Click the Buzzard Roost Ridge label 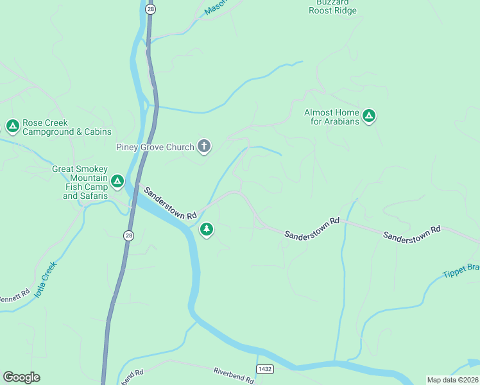click(332, 6)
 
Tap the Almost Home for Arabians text click(332, 117)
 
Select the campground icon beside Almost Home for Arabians click(368, 116)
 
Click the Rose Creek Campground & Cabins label click(67, 127)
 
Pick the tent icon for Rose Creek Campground click(12, 125)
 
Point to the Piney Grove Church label click(155, 147)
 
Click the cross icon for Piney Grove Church click(204, 147)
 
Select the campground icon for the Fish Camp click(117, 182)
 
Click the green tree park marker click(207, 229)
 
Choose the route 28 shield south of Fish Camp click(129, 235)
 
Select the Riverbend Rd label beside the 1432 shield click(234, 374)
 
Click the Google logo click(21, 377)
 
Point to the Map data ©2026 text click(452, 380)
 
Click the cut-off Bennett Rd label click(14, 297)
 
